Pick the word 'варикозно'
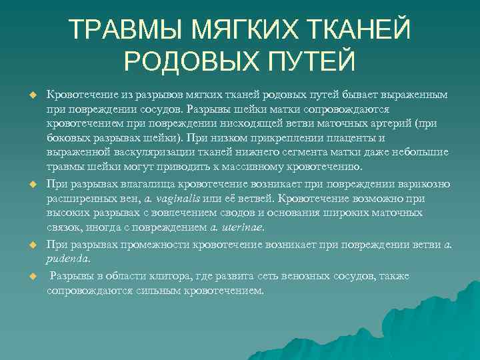point(426,183)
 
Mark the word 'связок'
point(64,227)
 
